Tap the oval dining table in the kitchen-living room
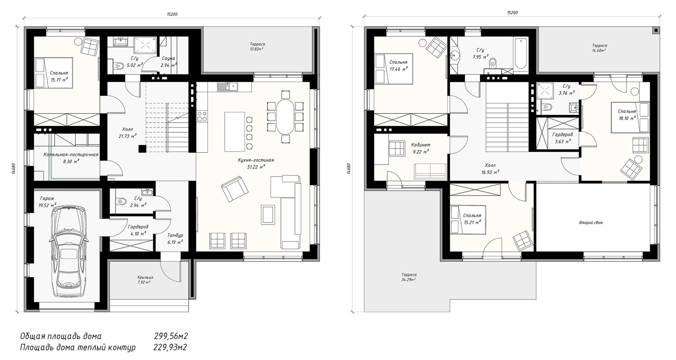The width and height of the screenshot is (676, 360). pyautogui.click(x=285, y=117)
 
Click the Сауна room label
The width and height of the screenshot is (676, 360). pyautogui.click(x=168, y=58)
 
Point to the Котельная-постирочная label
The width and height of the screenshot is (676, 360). pyautogui.click(x=71, y=154)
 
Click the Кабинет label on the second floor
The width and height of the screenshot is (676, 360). pyautogui.click(x=421, y=145)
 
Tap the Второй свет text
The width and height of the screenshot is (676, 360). pyautogui.click(x=591, y=223)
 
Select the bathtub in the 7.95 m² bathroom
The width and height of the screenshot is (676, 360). pyautogui.click(x=521, y=55)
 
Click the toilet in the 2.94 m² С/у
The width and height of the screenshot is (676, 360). pyautogui.click(x=121, y=201)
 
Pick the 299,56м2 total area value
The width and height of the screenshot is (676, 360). pyautogui.click(x=171, y=336)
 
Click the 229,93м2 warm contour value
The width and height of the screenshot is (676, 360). pyautogui.click(x=170, y=347)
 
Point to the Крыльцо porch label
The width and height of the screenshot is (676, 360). pyautogui.click(x=145, y=277)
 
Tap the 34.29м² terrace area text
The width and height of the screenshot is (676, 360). pyautogui.click(x=406, y=280)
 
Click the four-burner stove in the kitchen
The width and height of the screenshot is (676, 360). pyautogui.click(x=202, y=116)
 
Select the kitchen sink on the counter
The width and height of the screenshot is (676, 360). pyautogui.click(x=227, y=86)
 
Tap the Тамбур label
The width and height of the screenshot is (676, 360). pyautogui.click(x=175, y=235)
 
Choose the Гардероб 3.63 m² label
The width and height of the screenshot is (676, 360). pyautogui.click(x=562, y=135)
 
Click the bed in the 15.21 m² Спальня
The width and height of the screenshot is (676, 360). pyautogui.click(x=468, y=220)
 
